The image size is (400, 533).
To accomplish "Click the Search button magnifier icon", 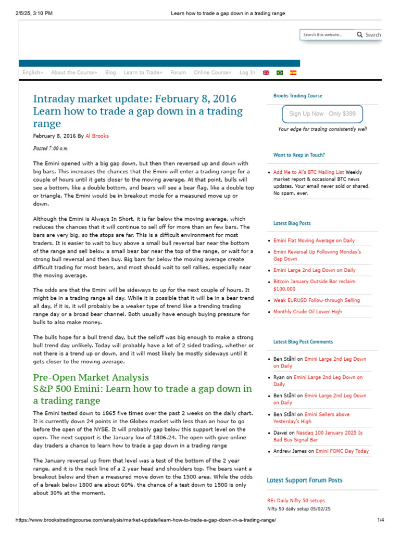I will pyautogui.click(x=359, y=35).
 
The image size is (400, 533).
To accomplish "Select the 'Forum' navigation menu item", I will pyautogui.click(x=178, y=72).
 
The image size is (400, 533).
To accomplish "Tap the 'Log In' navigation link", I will pyautogui.click(x=247, y=72).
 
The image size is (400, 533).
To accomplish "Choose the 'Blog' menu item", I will pyautogui.click(x=110, y=72).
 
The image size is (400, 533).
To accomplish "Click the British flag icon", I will pyautogui.click(x=266, y=73).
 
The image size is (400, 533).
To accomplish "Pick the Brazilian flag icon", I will pyautogui.click(x=280, y=73).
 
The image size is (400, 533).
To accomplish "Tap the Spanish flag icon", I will pyautogui.click(x=293, y=73).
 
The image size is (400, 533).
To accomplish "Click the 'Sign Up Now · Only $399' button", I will pyautogui.click(x=322, y=114).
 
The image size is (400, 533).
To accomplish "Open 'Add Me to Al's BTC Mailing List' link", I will pyautogui.click(x=309, y=172).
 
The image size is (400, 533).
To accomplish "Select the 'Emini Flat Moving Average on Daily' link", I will pyautogui.click(x=314, y=240).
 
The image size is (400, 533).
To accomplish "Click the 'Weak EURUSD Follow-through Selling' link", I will pyautogui.click(x=316, y=300).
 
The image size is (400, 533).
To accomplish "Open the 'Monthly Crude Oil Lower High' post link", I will pyautogui.click(x=307, y=312).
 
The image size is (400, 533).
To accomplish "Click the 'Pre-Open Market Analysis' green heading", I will pyautogui.click(x=91, y=377).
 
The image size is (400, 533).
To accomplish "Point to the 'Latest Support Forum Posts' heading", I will pyautogui.click(x=305, y=480).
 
